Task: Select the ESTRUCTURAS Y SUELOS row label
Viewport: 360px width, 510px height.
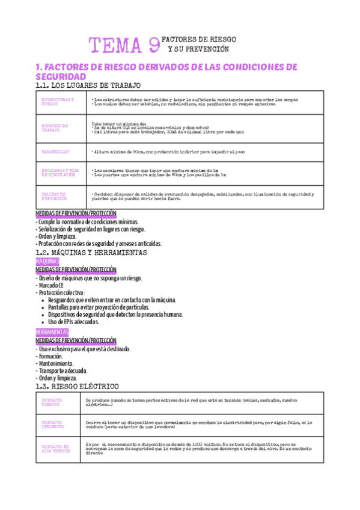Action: click(56, 102)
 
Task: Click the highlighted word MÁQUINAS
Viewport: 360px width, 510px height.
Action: click(51, 262)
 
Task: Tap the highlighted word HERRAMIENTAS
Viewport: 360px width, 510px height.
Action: click(53, 333)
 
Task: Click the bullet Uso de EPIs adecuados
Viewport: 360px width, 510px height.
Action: click(74, 322)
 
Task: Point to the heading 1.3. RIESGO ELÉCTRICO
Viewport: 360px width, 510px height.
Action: click(78, 386)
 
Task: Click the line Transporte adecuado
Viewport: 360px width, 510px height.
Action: click(63, 370)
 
